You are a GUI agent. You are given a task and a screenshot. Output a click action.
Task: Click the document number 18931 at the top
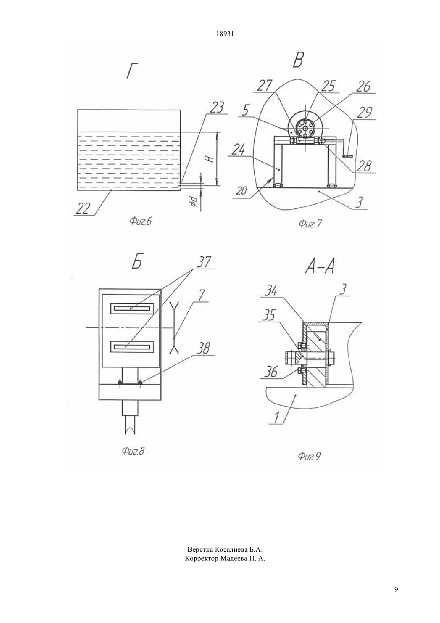(225, 34)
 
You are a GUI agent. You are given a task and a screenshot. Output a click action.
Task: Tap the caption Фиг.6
(140, 221)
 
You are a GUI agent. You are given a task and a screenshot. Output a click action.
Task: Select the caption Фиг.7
(310, 223)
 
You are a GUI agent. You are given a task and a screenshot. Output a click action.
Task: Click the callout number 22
(82, 209)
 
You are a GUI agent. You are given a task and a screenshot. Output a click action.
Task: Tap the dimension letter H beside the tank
(210, 159)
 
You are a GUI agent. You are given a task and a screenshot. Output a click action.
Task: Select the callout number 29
(364, 113)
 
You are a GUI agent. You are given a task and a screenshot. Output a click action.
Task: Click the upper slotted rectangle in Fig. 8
(132, 308)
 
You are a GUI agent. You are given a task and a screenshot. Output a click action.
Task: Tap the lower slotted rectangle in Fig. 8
(132, 347)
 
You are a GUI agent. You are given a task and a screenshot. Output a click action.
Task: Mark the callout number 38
(204, 348)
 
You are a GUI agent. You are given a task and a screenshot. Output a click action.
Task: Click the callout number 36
(270, 372)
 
